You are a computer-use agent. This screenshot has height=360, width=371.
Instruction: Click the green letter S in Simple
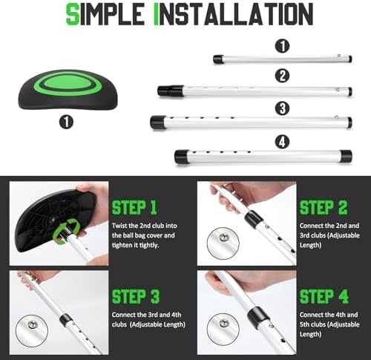click(73, 14)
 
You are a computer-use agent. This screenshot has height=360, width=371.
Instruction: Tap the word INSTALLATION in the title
click(233, 14)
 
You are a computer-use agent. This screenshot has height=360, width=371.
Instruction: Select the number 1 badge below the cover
click(67, 122)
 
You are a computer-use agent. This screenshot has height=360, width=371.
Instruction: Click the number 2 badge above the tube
click(283, 76)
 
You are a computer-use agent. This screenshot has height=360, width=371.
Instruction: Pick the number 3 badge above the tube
click(283, 108)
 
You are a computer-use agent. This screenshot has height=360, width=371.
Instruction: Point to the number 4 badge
click(283, 142)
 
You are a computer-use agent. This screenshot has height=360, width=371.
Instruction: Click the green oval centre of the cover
click(68, 82)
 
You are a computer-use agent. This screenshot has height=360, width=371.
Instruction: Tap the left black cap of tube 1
click(218, 59)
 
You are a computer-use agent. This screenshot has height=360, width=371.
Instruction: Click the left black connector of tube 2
click(171, 91)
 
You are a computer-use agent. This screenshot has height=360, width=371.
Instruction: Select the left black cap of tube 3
click(157, 122)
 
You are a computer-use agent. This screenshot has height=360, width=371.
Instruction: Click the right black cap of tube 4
click(346, 157)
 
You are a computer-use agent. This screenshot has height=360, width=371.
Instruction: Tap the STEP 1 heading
click(134, 207)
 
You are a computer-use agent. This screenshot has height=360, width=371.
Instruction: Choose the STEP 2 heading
click(324, 207)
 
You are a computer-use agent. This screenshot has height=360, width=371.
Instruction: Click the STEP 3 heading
click(136, 296)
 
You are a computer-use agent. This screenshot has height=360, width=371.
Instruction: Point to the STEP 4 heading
click(324, 296)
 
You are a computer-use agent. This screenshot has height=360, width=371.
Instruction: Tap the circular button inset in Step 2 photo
click(223, 243)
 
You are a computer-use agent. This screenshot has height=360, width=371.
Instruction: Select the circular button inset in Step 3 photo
click(32, 331)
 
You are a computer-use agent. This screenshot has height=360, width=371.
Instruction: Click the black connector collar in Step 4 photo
click(258, 318)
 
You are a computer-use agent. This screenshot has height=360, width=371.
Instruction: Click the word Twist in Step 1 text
click(119, 226)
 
